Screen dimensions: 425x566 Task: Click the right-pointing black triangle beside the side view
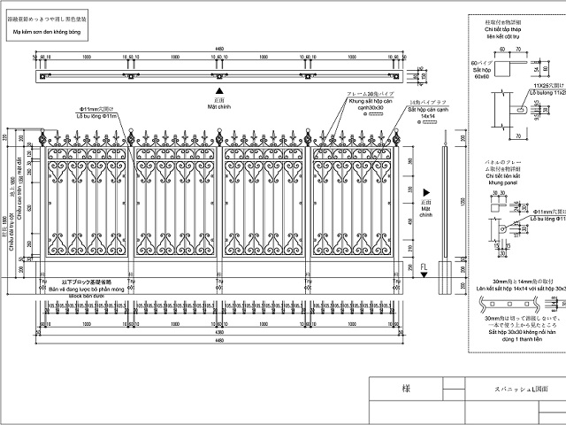(x=425, y=192)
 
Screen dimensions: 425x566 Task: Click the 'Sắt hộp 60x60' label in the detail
(x=481, y=73)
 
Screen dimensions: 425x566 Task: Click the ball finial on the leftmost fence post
(x=41, y=139)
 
